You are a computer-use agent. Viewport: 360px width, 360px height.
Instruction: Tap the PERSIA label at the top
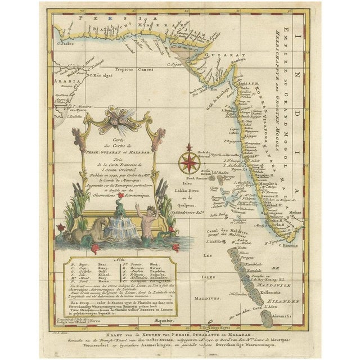(93, 19)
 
